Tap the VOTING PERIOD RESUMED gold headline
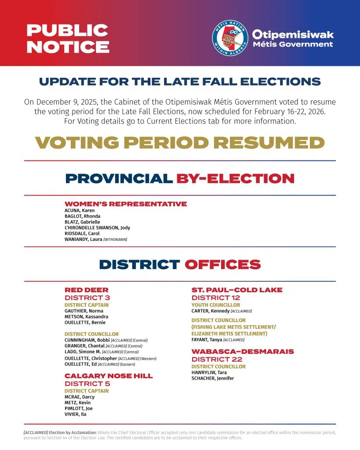pyautogui.click(x=180, y=142)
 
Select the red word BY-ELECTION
pyautogui.click(x=235, y=178)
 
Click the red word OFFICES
pyautogui.click(x=222, y=265)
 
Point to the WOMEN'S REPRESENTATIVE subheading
pyautogui.click(x=126, y=204)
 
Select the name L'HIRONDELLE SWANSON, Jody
pyautogui.click(x=97, y=228)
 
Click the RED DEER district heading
pyautogui.click(x=87, y=290)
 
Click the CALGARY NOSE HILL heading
pyautogui.click(x=109, y=376)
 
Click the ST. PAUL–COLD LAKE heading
pyautogui.click(x=237, y=290)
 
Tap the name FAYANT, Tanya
pyautogui.click(x=207, y=340)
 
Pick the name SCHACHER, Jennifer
pyautogui.click(x=213, y=378)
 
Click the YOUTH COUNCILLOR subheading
pyautogui.click(x=216, y=305)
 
